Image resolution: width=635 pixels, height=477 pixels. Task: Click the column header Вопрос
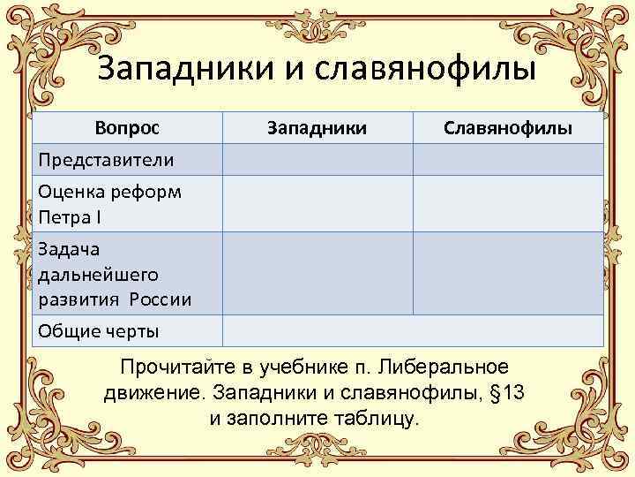[128, 128]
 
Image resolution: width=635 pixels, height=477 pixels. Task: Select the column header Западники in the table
[317, 128]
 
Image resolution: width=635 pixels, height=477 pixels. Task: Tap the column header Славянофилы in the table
[508, 128]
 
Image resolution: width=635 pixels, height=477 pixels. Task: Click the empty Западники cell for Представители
[317, 160]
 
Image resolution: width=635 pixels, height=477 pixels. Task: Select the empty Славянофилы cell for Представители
[508, 160]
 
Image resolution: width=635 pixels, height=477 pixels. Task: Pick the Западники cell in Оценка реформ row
[317, 203]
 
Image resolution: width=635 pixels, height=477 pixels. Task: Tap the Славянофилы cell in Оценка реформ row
[508, 203]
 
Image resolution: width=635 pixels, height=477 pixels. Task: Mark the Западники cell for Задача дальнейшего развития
[317, 273]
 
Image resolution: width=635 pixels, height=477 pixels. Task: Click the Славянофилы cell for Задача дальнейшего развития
[508, 273]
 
